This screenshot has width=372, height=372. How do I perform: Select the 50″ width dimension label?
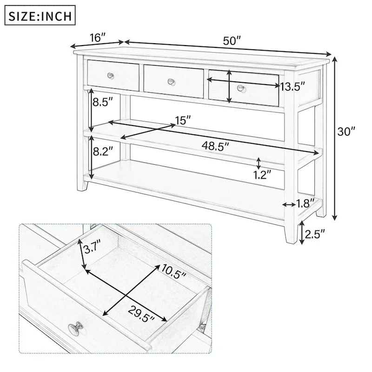[x=232, y=40]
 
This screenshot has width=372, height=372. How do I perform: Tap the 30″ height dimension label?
[x=346, y=132]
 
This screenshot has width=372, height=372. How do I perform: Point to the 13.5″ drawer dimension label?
[x=292, y=86]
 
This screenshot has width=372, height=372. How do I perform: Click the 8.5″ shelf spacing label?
[x=103, y=102]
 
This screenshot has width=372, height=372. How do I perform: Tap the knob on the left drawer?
[x=110, y=75]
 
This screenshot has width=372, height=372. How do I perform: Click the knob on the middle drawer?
[x=171, y=82]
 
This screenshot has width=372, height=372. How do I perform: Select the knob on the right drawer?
[x=240, y=88]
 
